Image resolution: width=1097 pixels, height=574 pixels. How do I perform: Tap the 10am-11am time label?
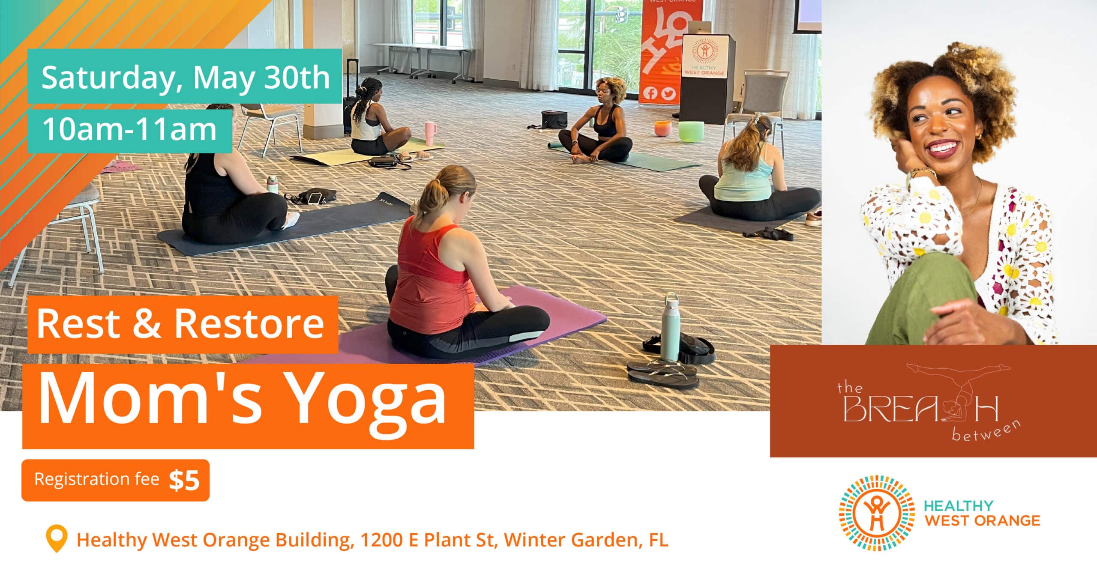(x=129, y=129)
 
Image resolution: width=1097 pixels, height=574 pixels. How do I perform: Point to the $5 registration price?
(x=184, y=480)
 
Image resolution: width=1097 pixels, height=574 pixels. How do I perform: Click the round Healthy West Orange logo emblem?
(x=871, y=513)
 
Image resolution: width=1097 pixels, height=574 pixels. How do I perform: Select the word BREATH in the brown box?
(x=921, y=409)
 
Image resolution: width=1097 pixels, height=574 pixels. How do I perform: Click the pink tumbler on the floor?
(x=430, y=133)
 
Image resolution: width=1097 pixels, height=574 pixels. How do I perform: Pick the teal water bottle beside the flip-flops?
(x=669, y=327)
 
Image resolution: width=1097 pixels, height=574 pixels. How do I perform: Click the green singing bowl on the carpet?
(x=689, y=131)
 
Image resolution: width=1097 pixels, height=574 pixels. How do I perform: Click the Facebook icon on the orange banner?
(x=650, y=93)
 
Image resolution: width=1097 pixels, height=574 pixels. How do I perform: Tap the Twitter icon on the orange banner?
(x=668, y=94)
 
